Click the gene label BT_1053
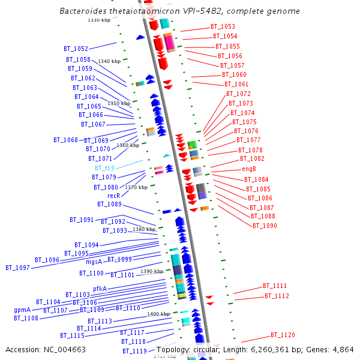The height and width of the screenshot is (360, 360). coord(223,27)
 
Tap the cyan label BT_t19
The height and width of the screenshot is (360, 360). coord(104,169)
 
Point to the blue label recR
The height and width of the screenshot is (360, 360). coord(113,196)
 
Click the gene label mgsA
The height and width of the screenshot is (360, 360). coord(94,262)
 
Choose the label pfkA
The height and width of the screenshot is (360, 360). coord(100,289)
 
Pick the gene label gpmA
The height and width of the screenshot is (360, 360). coord(22,310)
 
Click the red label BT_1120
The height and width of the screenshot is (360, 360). coord(282,335)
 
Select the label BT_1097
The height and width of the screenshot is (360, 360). coord(17,268)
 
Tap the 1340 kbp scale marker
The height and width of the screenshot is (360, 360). coord(109,61)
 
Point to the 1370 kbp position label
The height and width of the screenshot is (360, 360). coord(136,187)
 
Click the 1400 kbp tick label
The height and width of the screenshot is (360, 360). coord(158,314)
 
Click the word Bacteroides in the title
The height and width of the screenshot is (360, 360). coord(85,11)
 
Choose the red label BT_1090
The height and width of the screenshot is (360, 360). coord(265,226)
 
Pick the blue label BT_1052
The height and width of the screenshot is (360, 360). coord(76,49)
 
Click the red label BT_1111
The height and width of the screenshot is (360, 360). coord(275,286)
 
